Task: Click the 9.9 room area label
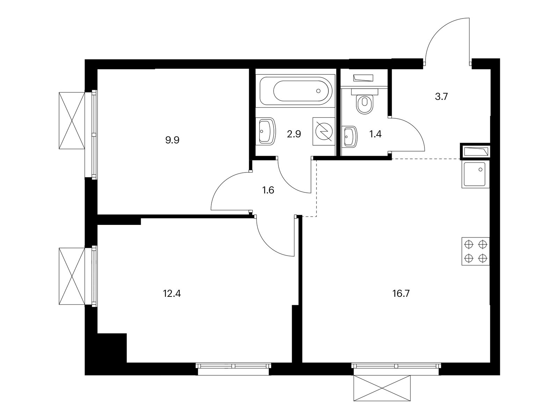(172, 141)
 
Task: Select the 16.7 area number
(401, 293)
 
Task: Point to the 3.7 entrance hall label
(441, 97)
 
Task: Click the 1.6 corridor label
(268, 190)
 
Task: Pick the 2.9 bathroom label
(294, 134)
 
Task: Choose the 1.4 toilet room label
(376, 134)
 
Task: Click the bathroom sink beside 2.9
(267, 131)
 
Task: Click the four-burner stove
(475, 251)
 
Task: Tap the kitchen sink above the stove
(475, 175)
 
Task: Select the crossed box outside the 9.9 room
(72, 120)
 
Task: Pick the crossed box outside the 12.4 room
(72, 276)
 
